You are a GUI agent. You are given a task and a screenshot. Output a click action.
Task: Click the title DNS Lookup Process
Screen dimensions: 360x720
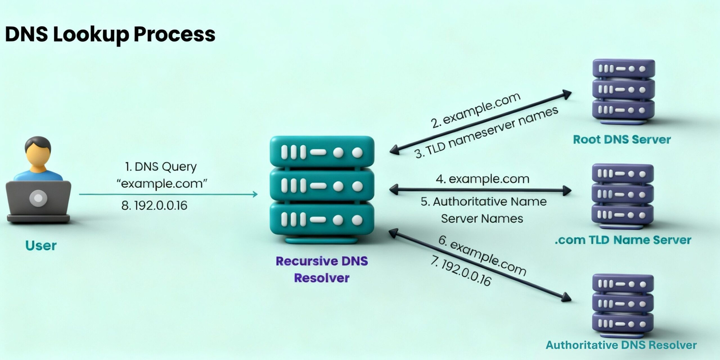point(110,35)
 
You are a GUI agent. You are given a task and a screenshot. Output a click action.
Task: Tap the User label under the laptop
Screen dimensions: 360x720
point(41,246)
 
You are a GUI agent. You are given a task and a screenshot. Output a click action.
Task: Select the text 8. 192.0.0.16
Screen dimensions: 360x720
point(154,206)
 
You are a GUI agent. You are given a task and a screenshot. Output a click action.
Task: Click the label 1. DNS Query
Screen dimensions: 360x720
point(161,166)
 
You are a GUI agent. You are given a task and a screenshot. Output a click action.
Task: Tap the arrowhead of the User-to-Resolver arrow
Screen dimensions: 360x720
point(255,194)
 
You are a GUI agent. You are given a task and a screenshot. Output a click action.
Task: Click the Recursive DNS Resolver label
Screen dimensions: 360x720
point(322,269)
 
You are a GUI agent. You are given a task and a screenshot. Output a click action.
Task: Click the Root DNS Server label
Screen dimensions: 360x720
point(621,139)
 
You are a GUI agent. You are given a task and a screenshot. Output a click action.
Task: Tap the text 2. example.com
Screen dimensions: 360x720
point(475,110)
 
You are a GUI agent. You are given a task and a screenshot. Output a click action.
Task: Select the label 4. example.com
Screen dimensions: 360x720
point(482,179)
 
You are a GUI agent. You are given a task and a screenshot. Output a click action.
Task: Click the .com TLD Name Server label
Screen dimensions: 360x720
point(623,240)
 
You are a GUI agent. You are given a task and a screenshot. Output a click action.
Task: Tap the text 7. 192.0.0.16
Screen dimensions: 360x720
point(461,271)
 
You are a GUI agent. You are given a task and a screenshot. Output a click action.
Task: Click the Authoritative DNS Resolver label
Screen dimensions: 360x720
point(621,345)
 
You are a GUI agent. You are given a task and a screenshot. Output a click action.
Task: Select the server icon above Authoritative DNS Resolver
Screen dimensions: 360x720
point(623,304)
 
